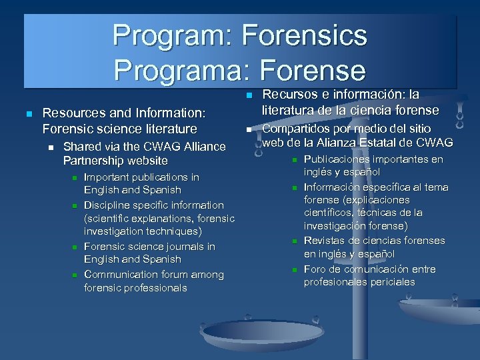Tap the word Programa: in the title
[175, 69]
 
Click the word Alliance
[199, 147]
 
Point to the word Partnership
[93, 161]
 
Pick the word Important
[108, 177]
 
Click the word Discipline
[109, 205]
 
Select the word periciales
[392, 282]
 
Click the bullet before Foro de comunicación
[293, 269]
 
